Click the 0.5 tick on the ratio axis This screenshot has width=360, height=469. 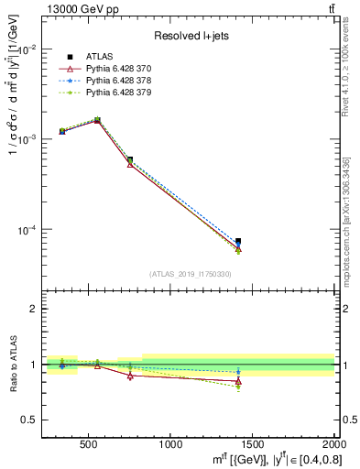29,420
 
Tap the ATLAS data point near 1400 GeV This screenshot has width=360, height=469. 238,242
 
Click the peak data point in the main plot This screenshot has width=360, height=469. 97,120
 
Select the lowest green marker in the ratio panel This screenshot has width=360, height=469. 238,387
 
